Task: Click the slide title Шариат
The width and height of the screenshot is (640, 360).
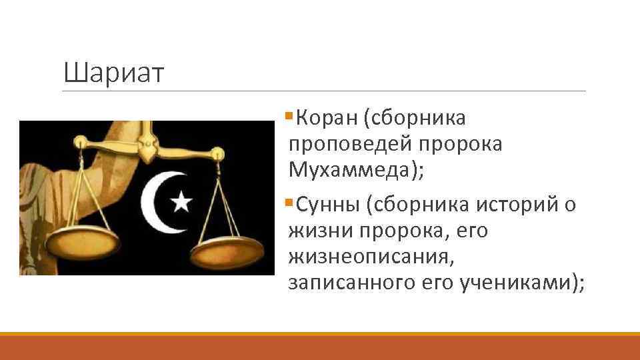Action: point(114,73)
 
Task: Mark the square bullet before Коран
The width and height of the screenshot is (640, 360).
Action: point(288,117)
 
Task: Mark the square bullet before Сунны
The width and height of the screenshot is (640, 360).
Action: point(288,203)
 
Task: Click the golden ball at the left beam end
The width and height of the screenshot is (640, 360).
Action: point(80,141)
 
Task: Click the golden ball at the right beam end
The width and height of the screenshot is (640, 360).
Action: point(217,155)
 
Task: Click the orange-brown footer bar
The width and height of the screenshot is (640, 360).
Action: point(320,347)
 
